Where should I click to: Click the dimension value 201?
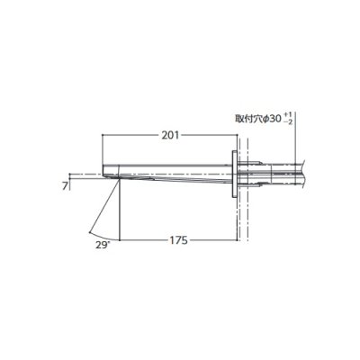[x=170, y=136]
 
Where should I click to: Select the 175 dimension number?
[x=178, y=240]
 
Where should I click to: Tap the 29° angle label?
[x=102, y=245]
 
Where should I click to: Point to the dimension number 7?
[x=65, y=186]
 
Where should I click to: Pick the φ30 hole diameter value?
[x=272, y=119]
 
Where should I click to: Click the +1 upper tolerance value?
[x=288, y=115]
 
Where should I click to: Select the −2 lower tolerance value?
[x=288, y=121]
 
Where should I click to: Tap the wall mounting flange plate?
[x=234, y=175]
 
